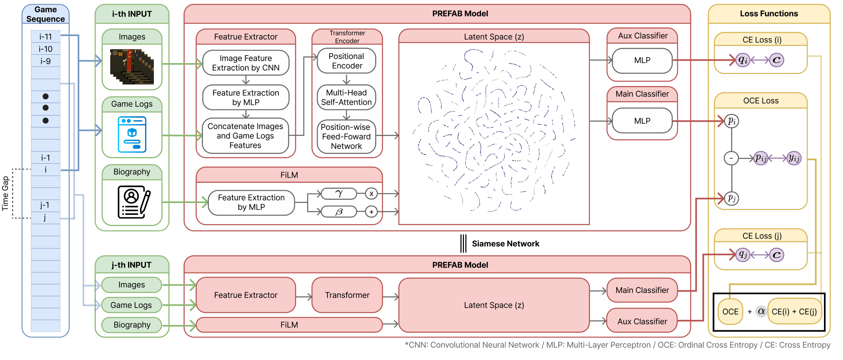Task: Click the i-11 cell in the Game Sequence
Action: (46, 36)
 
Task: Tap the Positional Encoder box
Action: (347, 61)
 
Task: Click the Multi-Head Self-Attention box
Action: (347, 97)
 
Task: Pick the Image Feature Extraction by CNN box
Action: (246, 63)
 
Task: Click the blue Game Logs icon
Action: (132, 134)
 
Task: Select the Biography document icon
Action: (134, 202)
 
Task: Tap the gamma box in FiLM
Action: (339, 193)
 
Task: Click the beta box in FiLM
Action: (339, 212)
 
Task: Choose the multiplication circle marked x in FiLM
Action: (371, 193)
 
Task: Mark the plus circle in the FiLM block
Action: (371, 212)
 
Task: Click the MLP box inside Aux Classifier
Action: (642, 60)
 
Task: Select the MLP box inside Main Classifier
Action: (642, 121)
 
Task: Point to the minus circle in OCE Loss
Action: (731, 159)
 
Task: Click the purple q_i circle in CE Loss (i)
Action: (743, 60)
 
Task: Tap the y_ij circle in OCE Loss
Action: (794, 158)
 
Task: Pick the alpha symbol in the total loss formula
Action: (761, 311)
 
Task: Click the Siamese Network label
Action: (506, 243)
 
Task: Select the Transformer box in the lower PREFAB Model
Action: (347, 295)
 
